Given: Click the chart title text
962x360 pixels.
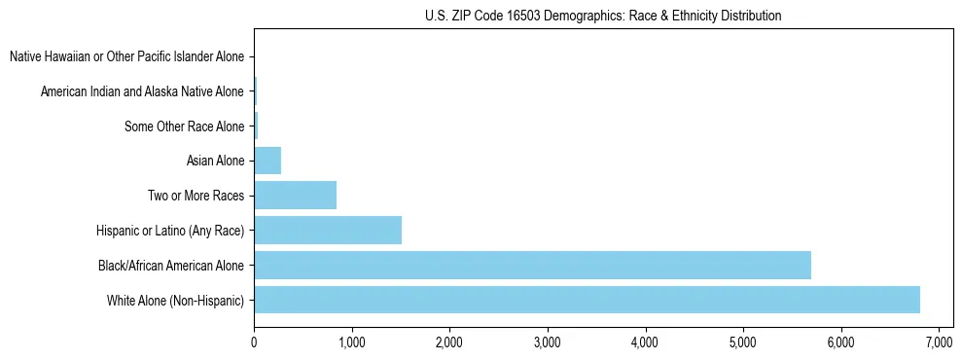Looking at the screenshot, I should tap(603, 16).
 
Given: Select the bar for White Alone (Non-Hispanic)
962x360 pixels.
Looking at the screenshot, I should tap(587, 300).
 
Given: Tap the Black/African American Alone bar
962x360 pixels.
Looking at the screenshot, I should tap(532, 265).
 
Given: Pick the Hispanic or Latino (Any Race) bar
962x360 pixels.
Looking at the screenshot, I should tap(328, 230).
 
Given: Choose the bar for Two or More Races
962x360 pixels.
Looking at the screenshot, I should tap(295, 195).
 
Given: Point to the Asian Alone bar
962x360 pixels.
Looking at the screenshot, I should tap(267, 161).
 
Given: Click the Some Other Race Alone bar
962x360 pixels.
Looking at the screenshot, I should tap(256, 126).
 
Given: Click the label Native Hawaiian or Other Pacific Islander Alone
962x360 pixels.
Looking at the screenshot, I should tap(126, 56).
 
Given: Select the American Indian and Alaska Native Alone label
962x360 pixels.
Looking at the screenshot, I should tap(142, 91).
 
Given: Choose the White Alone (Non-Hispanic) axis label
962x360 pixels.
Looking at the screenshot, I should tap(175, 300).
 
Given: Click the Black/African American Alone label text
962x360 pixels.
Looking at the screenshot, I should tap(170, 265).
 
